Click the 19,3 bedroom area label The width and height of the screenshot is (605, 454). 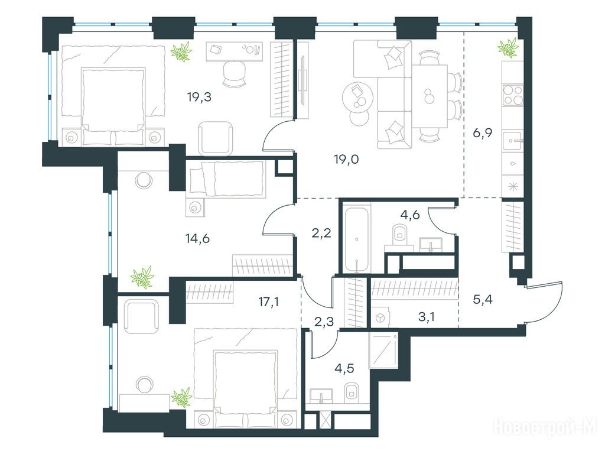point(200,97)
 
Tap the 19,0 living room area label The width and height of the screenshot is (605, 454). point(346,159)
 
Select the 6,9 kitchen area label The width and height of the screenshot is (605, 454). point(482,134)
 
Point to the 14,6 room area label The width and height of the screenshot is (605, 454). point(197,239)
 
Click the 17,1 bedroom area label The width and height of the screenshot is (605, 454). point(269,301)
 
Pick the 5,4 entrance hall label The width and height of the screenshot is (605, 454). point(483,299)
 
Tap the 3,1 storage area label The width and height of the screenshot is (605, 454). point(427,317)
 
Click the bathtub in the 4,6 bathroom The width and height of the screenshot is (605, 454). point(357,239)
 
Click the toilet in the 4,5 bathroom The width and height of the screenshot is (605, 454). point(351,391)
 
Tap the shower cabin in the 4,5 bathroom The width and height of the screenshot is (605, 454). point(383,351)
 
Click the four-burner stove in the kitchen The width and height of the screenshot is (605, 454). point(513,95)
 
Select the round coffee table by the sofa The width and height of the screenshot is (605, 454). point(357,96)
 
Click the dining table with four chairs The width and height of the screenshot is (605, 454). point(430,96)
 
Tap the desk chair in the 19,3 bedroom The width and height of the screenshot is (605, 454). point(234,73)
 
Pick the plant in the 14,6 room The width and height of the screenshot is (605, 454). point(142,277)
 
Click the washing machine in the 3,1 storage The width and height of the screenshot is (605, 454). point(380,317)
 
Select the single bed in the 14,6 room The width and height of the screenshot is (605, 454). point(226,179)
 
